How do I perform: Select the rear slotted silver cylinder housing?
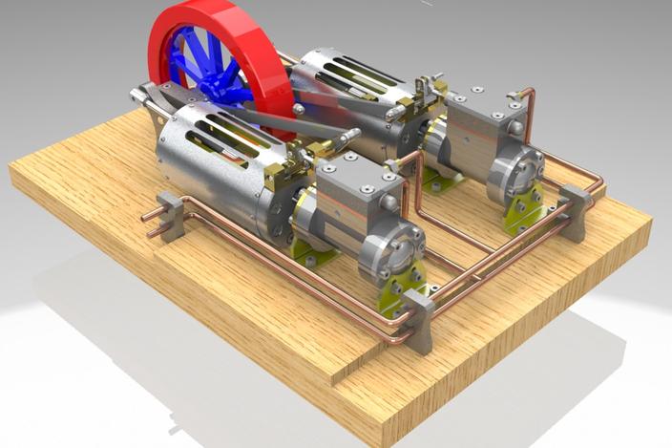pos(344,91)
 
